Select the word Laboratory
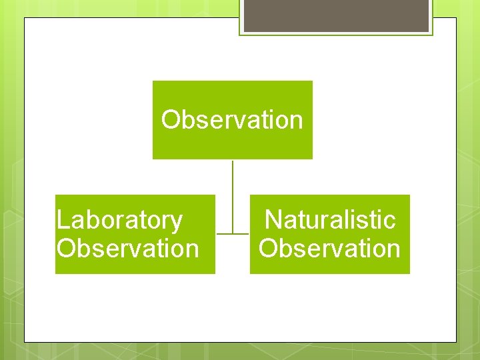click(x=119, y=219)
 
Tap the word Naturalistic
click(x=330, y=219)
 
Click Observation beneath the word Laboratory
click(x=128, y=249)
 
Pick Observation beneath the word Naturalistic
click(x=330, y=249)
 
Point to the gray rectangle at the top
click(x=336, y=15)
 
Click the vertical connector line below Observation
click(x=232, y=193)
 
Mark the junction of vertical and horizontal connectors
click(x=232, y=234)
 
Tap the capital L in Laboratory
click(x=63, y=219)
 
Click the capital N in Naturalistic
click(x=273, y=219)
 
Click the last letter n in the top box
click(x=296, y=121)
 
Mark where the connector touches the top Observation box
click(x=232, y=160)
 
